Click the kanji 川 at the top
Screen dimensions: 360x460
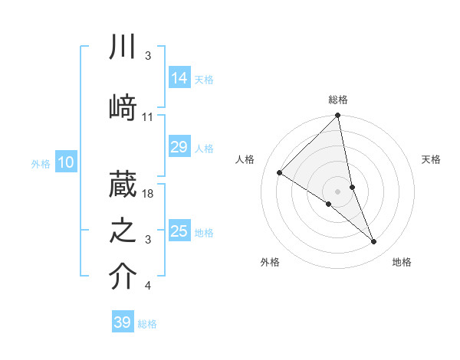click(x=122, y=48)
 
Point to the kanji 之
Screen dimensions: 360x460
click(x=122, y=227)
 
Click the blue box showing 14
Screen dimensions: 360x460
click(x=179, y=78)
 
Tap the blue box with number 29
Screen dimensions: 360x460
click(x=179, y=148)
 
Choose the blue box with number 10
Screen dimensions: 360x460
click(x=66, y=162)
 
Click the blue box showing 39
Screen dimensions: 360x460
click(x=123, y=323)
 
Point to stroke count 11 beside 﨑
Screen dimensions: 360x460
click(x=148, y=117)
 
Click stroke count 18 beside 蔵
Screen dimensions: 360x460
click(x=149, y=194)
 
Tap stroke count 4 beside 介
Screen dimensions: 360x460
click(x=147, y=286)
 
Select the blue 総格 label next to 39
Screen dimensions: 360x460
click(x=147, y=324)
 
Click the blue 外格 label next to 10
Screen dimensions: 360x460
click(x=41, y=163)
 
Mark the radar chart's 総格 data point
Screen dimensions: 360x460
click(x=338, y=116)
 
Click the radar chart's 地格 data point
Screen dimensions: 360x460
click(x=374, y=241)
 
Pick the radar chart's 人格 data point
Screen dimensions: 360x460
click(x=280, y=173)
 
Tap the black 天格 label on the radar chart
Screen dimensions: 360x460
click(x=432, y=159)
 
